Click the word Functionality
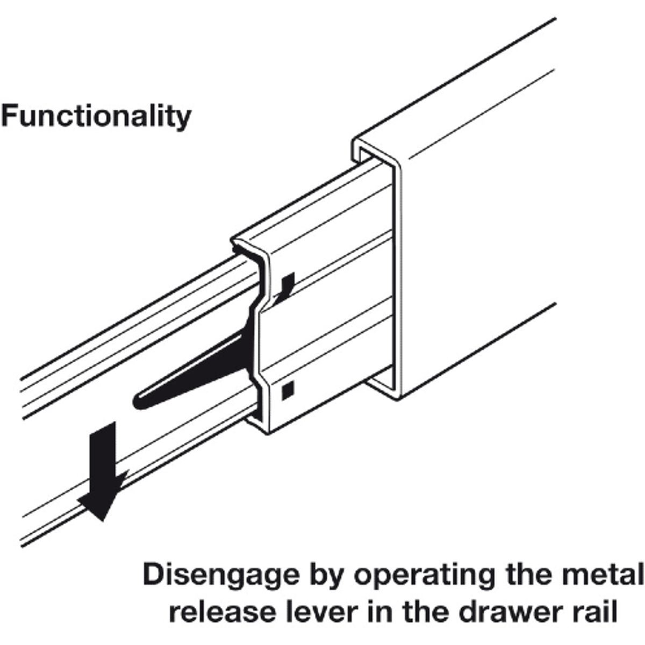coord(96,115)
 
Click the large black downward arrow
coord(102,467)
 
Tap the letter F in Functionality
coord(9,115)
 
